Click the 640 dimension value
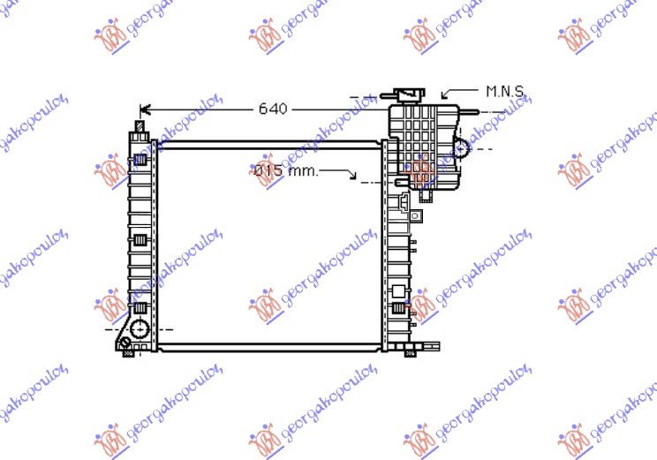273,109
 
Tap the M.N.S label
505,91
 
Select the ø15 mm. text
284,171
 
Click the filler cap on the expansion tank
408,94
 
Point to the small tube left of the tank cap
364,97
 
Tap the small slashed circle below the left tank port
128,344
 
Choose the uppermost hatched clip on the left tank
140,161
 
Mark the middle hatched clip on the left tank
140,240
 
